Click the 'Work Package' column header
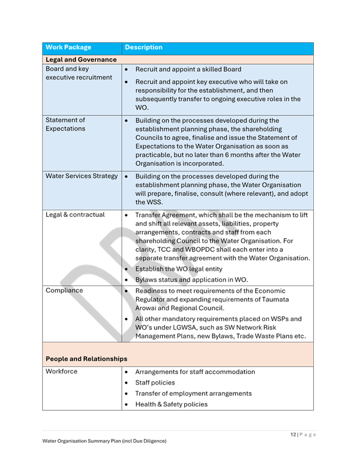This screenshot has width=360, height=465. [68, 47]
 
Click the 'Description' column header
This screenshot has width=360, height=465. [143, 47]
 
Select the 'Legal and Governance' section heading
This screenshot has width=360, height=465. [81, 60]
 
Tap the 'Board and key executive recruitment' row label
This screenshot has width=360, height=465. [79, 73]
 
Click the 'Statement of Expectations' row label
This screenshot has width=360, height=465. [65, 124]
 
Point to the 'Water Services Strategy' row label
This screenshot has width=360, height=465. [81, 176]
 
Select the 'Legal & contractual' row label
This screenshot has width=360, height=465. [75, 215]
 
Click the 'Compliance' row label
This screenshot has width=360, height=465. [64, 290]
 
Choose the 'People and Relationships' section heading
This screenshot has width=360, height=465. [87, 359]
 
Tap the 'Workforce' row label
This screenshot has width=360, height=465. [62, 372]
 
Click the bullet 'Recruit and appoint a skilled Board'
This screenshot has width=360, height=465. [188, 70]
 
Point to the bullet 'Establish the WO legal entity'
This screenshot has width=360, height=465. [180, 269]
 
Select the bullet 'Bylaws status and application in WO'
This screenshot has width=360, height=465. [191, 280]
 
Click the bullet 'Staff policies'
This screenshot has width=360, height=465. [155, 383]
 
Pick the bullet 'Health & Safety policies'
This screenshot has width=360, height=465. [171, 405]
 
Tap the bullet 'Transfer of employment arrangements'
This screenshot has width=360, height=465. [193, 394]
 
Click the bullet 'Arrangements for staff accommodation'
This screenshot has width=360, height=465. [195, 372]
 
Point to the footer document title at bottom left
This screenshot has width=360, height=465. [104, 441]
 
